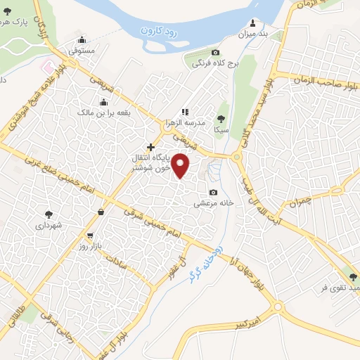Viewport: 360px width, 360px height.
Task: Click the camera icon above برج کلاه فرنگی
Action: [x=215, y=53]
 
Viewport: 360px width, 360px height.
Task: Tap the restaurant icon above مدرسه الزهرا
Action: [x=185, y=111]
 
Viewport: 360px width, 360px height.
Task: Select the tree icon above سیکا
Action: [x=222, y=118]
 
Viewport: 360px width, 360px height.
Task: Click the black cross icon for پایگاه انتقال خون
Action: [x=150, y=147]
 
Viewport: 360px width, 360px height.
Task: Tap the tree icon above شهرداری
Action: [x=48, y=214]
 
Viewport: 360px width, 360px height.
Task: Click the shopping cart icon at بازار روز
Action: [x=90, y=236]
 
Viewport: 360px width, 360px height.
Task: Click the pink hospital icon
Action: [x=46, y=67]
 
